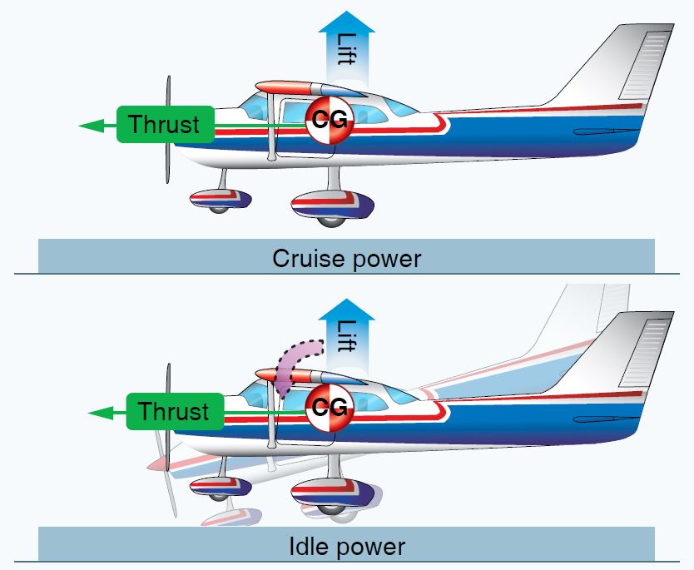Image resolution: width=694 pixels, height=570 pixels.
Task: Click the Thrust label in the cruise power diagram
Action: click(x=164, y=125)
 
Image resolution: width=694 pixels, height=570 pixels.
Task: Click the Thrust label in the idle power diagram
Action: click(x=174, y=412)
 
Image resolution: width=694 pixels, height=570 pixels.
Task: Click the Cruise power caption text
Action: click(x=346, y=259)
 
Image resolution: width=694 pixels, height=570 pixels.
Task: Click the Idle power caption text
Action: click(x=346, y=547)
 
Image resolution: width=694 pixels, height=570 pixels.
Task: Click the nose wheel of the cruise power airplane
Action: click(x=218, y=206)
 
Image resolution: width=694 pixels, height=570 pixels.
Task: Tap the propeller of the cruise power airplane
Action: click(x=169, y=129)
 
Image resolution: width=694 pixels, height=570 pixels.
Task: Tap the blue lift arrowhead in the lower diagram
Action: click(x=346, y=308)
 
